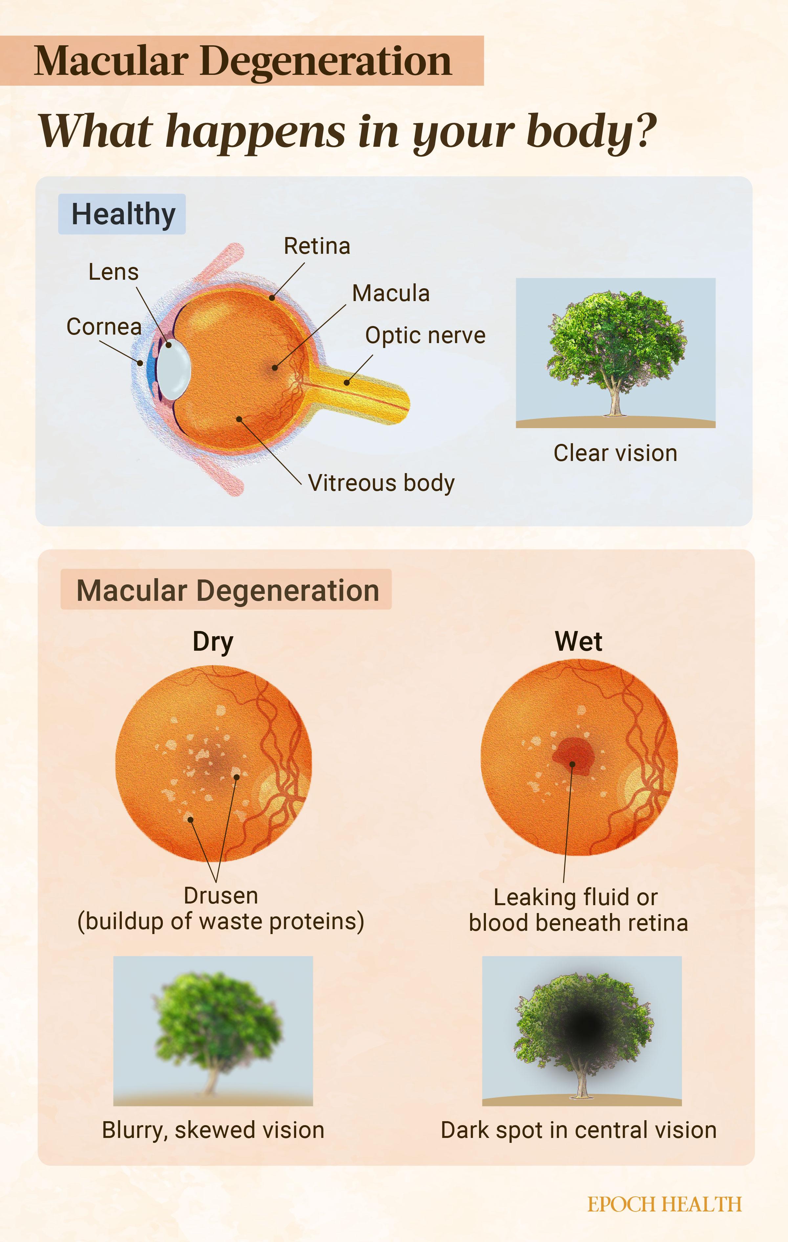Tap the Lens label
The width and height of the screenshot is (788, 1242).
point(114,272)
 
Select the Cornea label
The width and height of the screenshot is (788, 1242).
point(104,326)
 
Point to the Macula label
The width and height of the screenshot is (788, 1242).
point(390,293)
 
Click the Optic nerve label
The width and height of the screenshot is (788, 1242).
point(425,335)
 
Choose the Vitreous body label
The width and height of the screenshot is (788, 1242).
point(381,483)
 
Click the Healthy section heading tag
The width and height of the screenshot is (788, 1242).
point(122,214)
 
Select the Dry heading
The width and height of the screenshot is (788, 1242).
point(212,642)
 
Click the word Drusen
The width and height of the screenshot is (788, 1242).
point(221,896)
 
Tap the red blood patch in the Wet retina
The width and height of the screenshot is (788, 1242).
point(574,754)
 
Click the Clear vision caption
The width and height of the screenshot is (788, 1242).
point(615,453)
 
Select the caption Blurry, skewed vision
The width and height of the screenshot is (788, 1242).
point(213,1130)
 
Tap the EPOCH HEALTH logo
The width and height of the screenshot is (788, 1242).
point(664,1204)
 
